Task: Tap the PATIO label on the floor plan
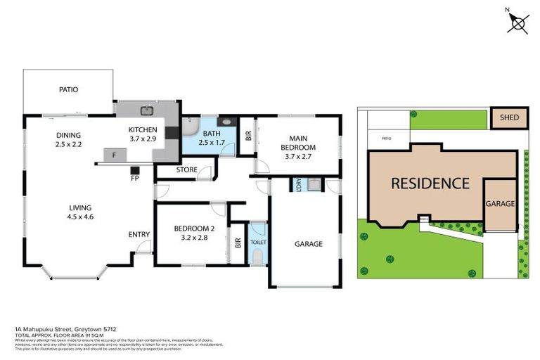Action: pyautogui.click(x=68, y=90)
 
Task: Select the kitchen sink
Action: pyautogui.click(x=148, y=110)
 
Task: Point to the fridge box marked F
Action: pyautogui.click(x=114, y=153)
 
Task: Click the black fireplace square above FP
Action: pyautogui.click(x=135, y=169)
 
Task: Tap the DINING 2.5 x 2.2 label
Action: pyautogui.click(x=70, y=140)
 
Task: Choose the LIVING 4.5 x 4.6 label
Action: pyautogui.click(x=80, y=212)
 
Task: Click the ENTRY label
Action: pyautogui.click(x=139, y=235)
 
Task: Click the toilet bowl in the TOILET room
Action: pyautogui.click(x=258, y=257)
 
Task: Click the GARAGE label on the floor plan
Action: pyautogui.click(x=308, y=244)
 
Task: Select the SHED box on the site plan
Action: pyautogui.click(x=509, y=118)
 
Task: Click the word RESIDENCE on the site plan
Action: pyautogui.click(x=430, y=184)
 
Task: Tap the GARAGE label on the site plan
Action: pyautogui.click(x=501, y=204)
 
